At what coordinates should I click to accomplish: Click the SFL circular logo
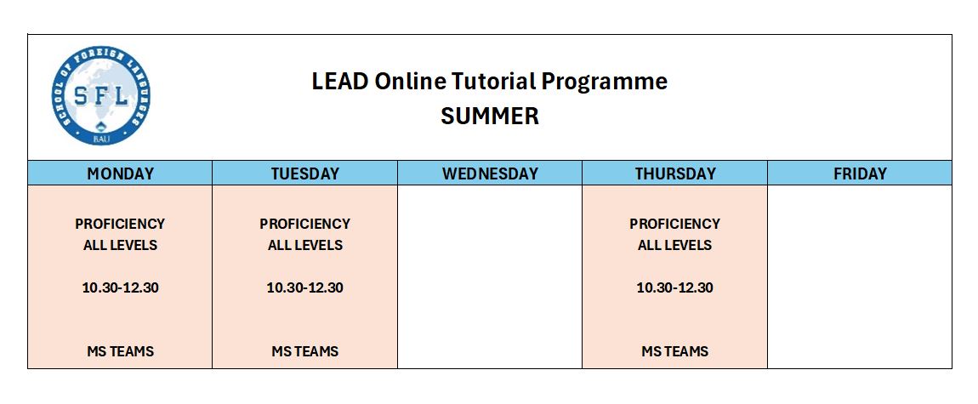[101, 95]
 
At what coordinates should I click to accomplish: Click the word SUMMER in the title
[490, 117]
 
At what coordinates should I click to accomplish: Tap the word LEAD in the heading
[340, 82]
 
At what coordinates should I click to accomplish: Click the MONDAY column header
[121, 174]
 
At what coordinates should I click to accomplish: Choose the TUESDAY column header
[305, 174]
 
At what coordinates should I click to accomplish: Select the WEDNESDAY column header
[490, 174]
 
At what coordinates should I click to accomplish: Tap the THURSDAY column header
[675, 174]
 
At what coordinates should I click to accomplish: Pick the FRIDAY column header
[860, 174]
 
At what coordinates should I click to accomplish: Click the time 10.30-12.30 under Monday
[121, 288]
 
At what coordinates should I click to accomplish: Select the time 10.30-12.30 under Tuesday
[305, 288]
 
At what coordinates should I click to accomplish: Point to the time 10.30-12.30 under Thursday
[675, 288]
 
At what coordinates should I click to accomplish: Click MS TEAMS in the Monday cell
[121, 351]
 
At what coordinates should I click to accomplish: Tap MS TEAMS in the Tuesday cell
[305, 351]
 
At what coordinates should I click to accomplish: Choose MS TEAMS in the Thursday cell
[675, 351]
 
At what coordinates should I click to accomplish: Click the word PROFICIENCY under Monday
[121, 224]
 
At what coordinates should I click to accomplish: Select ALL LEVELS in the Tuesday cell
[305, 246]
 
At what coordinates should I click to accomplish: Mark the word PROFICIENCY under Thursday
[675, 224]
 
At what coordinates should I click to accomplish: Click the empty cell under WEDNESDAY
[490, 276]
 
